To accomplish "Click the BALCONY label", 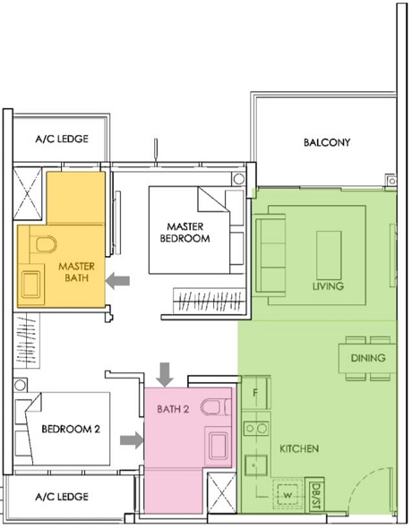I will click(326, 142).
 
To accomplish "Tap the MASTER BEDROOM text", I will click(185, 233).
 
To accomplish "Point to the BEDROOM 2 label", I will click(71, 429).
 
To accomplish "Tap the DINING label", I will click(367, 358).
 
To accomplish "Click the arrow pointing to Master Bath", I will click(118, 281).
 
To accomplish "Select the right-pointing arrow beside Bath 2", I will click(131, 439).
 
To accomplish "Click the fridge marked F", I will click(255, 392).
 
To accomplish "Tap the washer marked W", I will click(288, 493).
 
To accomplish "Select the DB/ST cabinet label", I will click(314, 493).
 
